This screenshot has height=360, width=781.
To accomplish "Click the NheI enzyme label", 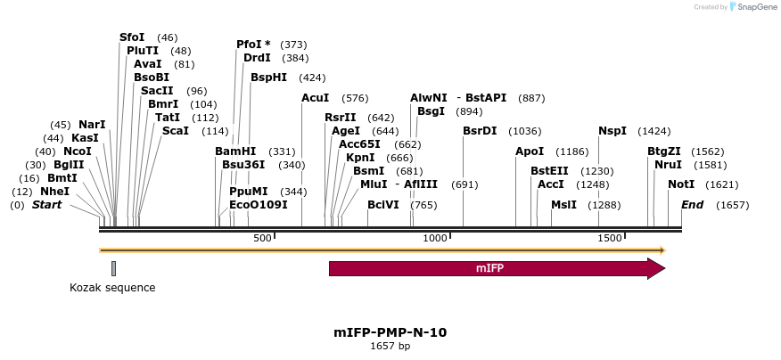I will click(54, 191).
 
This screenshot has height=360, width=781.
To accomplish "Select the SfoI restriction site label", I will click(132, 37).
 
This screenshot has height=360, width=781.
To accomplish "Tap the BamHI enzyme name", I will click(235, 151).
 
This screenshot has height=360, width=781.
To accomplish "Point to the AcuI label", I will click(316, 98).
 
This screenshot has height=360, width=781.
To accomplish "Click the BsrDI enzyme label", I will click(480, 131).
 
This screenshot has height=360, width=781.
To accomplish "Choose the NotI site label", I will click(681, 184).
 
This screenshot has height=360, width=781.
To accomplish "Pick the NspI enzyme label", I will click(612, 131).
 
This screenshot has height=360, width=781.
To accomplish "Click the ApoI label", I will click(530, 151).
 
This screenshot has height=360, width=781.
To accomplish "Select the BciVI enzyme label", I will click(383, 205).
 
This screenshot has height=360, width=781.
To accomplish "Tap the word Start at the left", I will click(46, 205).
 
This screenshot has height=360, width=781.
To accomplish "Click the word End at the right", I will click(693, 205).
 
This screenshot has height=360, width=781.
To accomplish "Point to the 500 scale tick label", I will click(262, 238).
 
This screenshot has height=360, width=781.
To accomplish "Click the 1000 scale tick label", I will click(434, 238).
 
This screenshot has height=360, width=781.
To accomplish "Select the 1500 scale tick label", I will click(609, 238).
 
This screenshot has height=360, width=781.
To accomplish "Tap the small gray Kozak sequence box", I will click(113, 268).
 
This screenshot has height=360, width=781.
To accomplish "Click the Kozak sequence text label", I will click(112, 288).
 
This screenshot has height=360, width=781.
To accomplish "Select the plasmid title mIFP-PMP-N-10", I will click(390, 332).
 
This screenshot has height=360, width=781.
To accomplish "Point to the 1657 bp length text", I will click(390, 346).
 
